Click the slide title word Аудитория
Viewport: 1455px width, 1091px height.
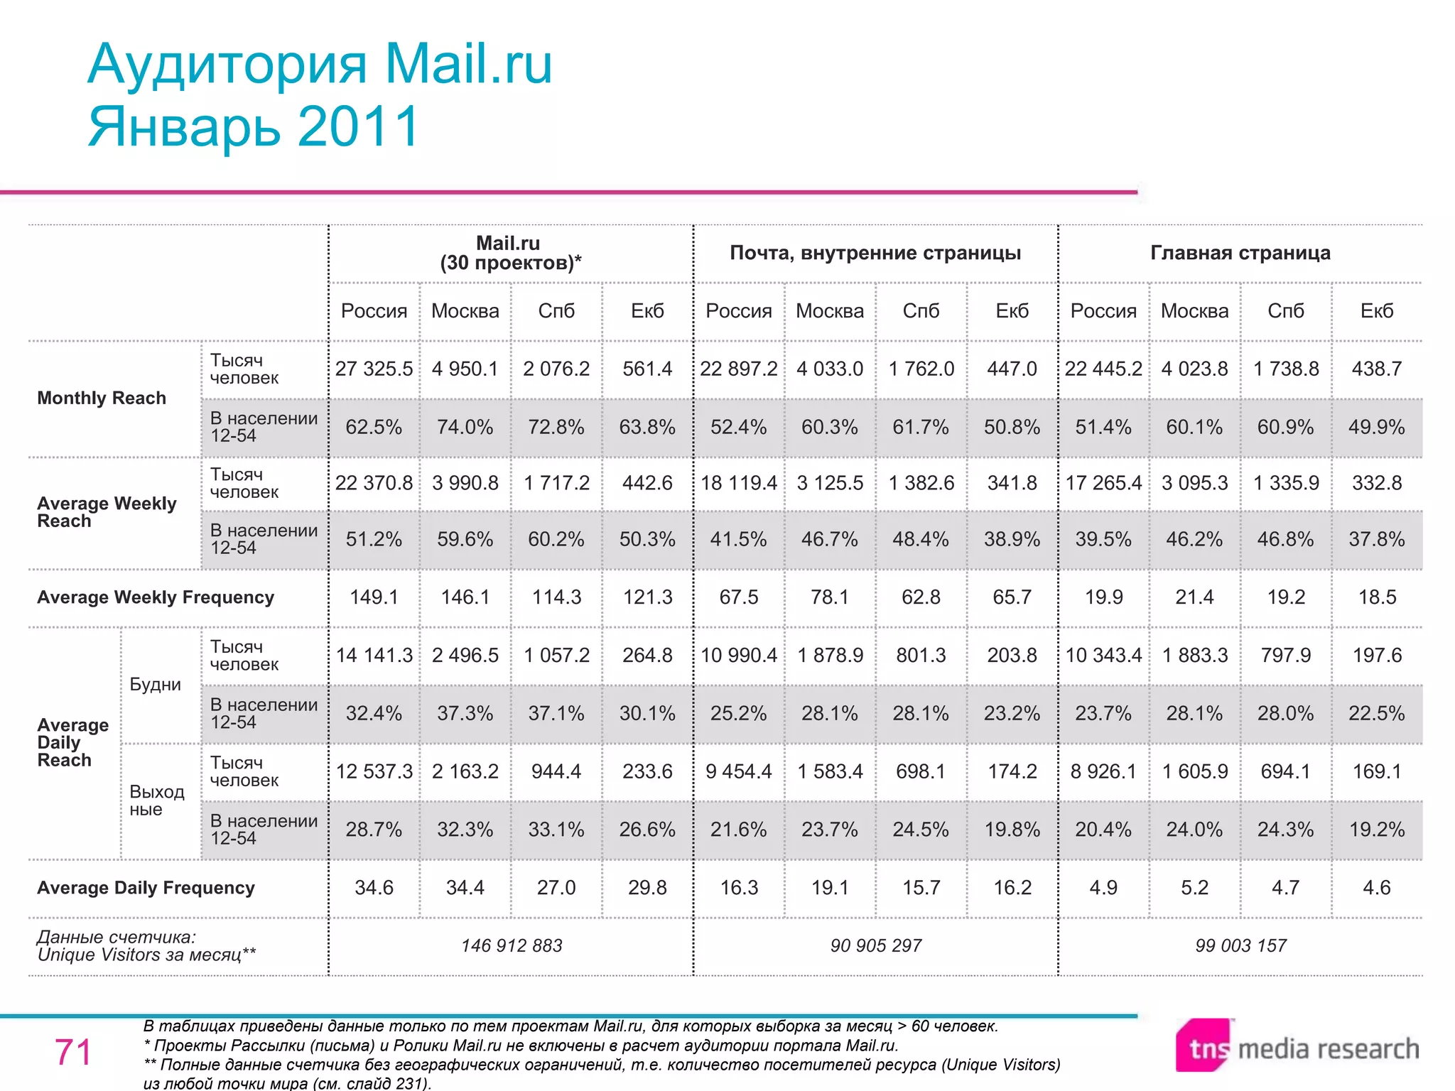(227, 65)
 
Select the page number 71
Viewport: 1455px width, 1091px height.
(73, 1052)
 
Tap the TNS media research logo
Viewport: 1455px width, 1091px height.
(1296, 1048)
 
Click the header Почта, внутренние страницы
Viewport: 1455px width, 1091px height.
(875, 253)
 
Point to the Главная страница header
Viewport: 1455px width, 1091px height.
(1240, 253)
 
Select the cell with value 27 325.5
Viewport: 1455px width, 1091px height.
(374, 369)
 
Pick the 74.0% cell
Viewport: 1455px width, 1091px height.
(465, 427)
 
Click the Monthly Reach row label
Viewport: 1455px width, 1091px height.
(102, 398)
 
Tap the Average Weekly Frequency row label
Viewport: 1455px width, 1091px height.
(156, 597)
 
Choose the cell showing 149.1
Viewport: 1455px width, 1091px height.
(374, 597)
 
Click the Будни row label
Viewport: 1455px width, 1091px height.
(156, 685)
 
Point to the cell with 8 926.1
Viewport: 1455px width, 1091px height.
(1103, 771)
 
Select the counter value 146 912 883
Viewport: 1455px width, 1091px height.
(512, 945)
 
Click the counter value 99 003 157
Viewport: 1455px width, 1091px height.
(1240, 945)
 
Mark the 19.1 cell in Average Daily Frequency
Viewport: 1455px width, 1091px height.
(830, 888)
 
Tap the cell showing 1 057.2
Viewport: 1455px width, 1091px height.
(556, 655)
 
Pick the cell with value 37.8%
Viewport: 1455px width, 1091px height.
(1377, 539)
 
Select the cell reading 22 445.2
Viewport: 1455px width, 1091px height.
(1103, 369)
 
